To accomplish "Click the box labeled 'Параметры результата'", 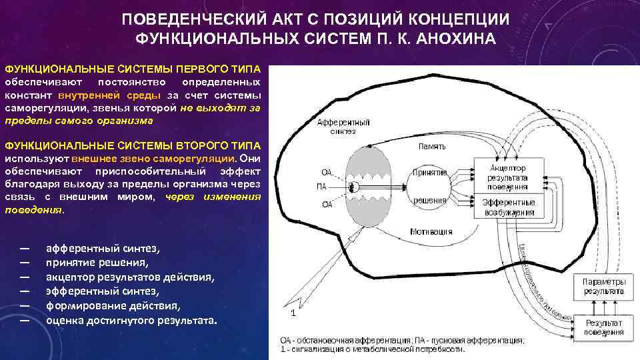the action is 604,287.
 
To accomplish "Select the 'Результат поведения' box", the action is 604,326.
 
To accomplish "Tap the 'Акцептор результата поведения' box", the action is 508,178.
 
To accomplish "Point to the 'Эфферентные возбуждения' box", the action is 508,207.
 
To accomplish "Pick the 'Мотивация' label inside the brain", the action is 431,232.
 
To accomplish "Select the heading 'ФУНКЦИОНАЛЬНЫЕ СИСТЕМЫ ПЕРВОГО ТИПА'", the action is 134,69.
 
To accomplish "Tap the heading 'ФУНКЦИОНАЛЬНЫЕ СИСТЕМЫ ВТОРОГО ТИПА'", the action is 133,145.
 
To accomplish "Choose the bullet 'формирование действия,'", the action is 113,306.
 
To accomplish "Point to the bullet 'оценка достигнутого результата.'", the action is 131,321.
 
